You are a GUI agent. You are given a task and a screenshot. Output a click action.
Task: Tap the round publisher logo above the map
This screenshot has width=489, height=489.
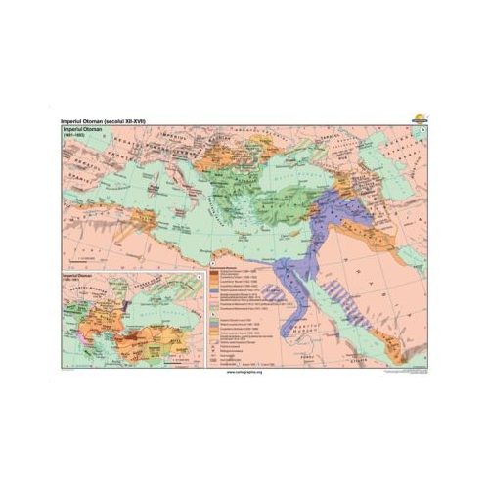[x=421, y=116]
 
